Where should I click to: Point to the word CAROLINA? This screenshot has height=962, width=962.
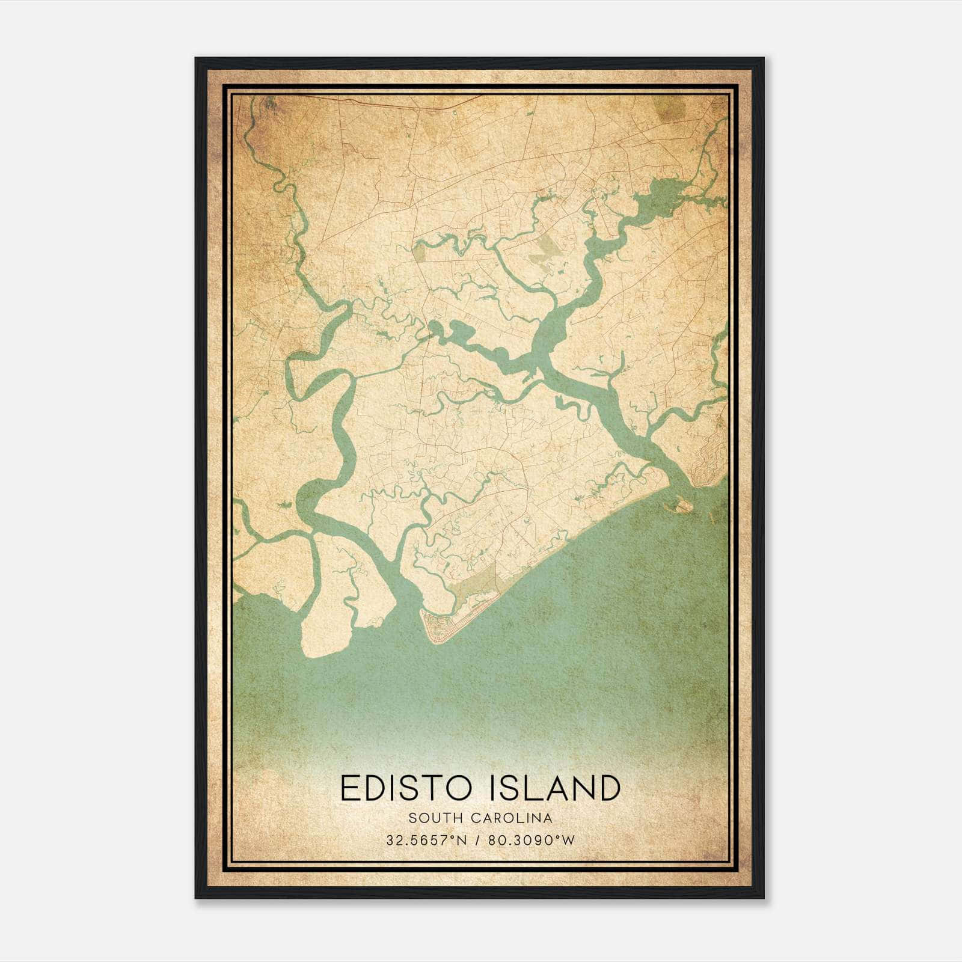pyautogui.click(x=512, y=818)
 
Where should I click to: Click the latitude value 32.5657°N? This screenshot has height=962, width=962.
pyautogui.click(x=427, y=840)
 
